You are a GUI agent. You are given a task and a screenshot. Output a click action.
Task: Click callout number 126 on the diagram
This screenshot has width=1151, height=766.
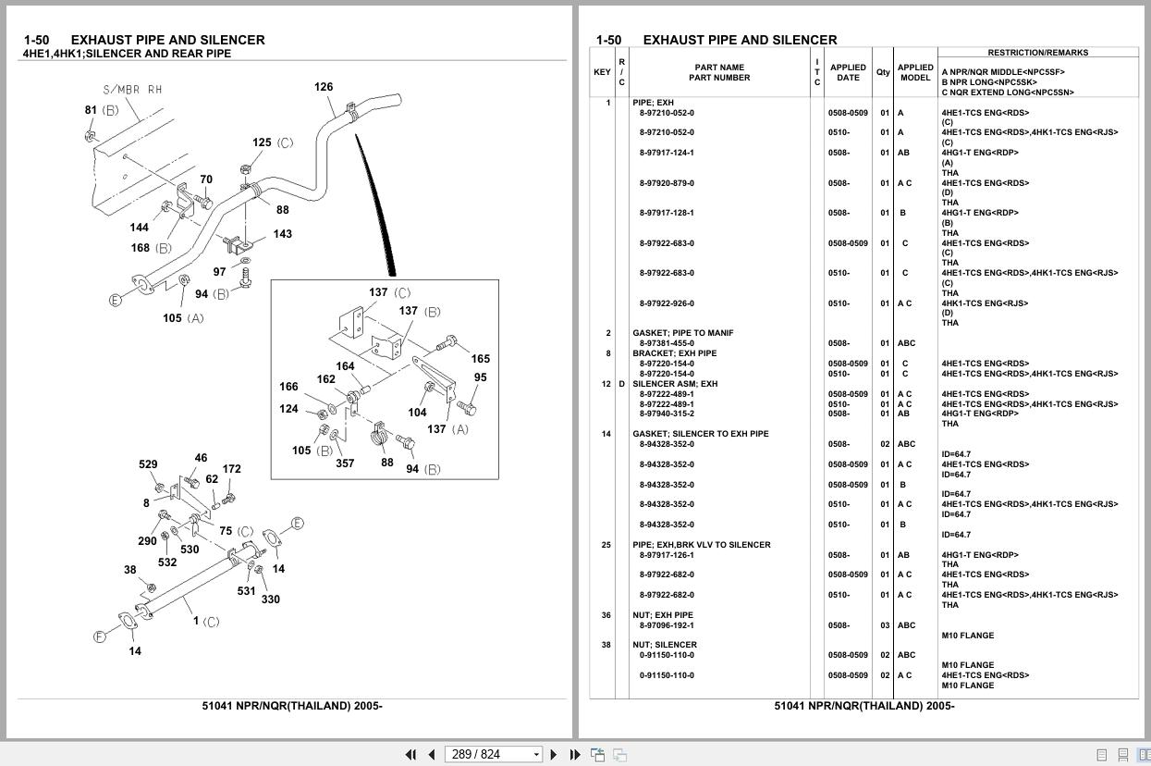(x=324, y=87)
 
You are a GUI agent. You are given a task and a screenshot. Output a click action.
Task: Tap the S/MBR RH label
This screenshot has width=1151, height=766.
(x=132, y=90)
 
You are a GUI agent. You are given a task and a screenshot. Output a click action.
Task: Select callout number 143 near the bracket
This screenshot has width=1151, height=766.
(x=283, y=234)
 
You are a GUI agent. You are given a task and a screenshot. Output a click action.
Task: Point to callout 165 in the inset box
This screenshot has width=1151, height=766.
(x=481, y=358)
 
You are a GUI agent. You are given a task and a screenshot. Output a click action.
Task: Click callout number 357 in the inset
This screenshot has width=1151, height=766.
(x=346, y=463)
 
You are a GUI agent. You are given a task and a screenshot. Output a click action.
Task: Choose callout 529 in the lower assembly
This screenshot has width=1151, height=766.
(x=148, y=464)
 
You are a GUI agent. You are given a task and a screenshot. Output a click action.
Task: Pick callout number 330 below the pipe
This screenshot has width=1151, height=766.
(x=270, y=599)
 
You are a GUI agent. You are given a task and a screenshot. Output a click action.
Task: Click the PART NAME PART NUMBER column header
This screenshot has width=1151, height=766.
(x=719, y=72)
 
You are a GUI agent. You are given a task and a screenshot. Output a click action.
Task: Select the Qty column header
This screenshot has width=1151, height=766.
(x=883, y=72)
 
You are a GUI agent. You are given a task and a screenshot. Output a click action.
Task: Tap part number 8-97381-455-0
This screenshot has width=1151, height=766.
(x=667, y=343)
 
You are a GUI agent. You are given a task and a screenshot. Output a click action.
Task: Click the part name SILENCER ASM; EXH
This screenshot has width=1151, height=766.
(x=675, y=384)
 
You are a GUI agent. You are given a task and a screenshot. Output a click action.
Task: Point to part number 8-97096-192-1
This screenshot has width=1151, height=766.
(x=667, y=625)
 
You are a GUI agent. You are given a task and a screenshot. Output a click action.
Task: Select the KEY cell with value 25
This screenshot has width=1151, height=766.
(x=606, y=544)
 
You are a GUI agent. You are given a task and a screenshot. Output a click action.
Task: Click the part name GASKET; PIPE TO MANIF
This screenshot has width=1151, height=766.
(x=683, y=333)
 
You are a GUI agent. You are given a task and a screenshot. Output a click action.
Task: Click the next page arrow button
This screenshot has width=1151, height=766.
(x=553, y=754)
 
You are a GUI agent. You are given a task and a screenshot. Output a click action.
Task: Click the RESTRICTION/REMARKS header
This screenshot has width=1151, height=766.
(x=1038, y=53)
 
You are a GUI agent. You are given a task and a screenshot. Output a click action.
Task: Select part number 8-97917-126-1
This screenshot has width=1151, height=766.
(x=667, y=555)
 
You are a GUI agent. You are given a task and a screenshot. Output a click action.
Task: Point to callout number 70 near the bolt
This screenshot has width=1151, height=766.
(x=206, y=179)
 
